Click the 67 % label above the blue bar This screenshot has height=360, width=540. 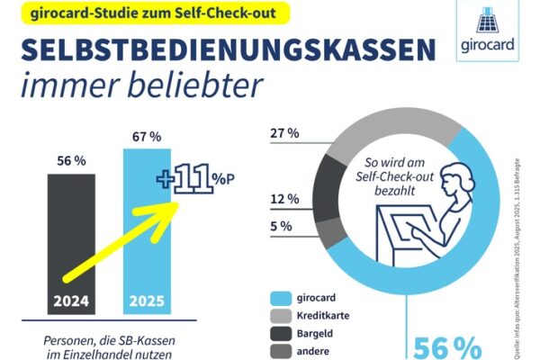coord(143,137)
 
